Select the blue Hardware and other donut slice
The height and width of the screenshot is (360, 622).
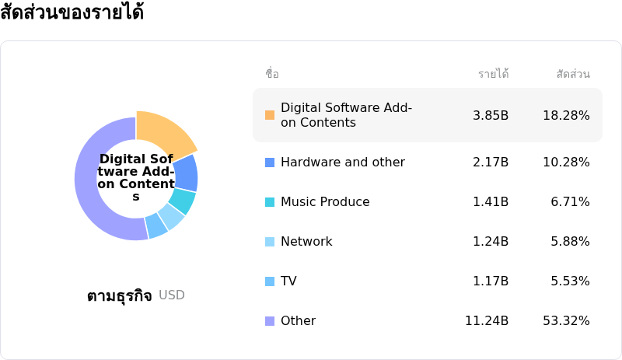(x=186, y=173)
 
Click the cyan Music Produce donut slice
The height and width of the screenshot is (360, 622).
(x=182, y=201)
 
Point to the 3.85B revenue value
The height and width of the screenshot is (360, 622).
(x=491, y=115)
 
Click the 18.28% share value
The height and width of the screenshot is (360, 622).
(x=566, y=115)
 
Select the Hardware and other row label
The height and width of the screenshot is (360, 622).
(x=342, y=163)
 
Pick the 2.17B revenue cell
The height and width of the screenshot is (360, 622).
(x=491, y=163)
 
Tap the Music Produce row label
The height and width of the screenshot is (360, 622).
(x=325, y=202)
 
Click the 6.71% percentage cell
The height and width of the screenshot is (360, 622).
(x=570, y=202)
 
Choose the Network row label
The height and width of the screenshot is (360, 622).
(x=306, y=242)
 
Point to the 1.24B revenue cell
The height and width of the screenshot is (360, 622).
(x=491, y=242)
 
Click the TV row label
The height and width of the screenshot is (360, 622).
(x=288, y=281)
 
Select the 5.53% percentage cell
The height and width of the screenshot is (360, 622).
(x=570, y=281)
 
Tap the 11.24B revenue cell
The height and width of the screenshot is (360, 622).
(x=487, y=321)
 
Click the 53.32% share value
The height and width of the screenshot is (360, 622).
(x=566, y=321)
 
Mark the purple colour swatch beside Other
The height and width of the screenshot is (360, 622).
(x=270, y=321)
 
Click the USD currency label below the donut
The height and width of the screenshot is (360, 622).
(x=172, y=295)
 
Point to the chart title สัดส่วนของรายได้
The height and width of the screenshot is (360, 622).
(x=72, y=13)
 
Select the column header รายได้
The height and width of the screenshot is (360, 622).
(x=493, y=74)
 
